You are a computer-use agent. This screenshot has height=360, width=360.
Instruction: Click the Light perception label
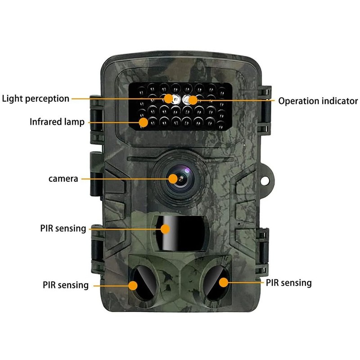pos(36,99)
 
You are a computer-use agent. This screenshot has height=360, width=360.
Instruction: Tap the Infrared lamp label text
pos(57,121)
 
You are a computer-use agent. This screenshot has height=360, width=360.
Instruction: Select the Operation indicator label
pos(318,101)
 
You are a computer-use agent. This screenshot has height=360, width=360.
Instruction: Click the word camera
pos(63,179)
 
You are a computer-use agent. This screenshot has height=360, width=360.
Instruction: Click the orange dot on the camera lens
pos(173,179)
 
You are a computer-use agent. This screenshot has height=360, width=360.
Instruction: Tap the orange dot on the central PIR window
pos(165,229)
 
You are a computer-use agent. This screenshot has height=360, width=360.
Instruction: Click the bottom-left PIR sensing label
pos(66,285)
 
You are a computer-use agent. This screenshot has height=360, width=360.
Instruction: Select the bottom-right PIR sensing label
pos(288,283)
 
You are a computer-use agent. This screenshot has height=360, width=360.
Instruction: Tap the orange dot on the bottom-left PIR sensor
pos(133,285)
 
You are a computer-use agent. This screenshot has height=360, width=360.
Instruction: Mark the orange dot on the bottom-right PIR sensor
pos(223,282)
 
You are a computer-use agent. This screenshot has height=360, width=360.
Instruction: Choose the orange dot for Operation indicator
pos(193,100)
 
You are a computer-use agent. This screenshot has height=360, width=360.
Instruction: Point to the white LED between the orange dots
pos(182,100)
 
